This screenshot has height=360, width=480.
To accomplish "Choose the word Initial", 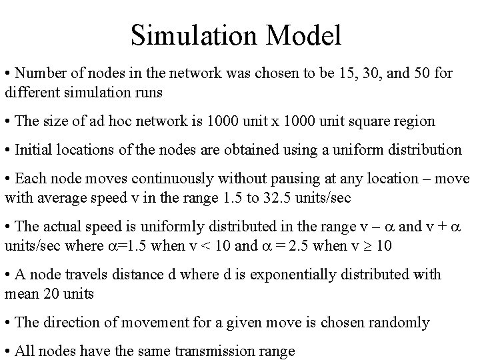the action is pyautogui.click(x=33, y=150).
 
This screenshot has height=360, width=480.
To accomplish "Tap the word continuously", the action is pyautogui.click(x=168, y=179).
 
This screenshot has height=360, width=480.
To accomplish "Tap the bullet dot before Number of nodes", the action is pyautogui.click(x=7, y=72).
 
